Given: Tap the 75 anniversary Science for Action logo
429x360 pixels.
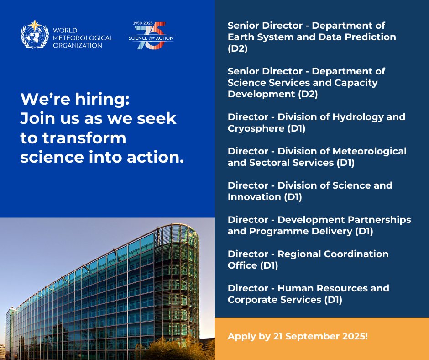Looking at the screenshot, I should (x=151, y=37).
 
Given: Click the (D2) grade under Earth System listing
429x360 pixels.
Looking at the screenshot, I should (x=238, y=48).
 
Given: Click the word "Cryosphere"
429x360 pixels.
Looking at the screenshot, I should (x=256, y=128).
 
